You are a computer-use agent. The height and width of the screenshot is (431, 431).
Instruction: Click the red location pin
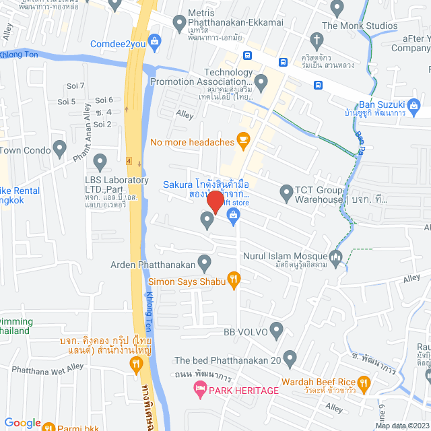point(215,202)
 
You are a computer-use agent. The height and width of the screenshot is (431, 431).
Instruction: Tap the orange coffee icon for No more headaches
point(244,141)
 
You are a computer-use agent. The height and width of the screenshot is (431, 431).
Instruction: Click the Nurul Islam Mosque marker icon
point(337,256)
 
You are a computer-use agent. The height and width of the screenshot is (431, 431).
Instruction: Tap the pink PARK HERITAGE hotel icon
point(199,390)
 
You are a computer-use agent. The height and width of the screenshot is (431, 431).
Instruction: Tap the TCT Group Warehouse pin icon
point(286,191)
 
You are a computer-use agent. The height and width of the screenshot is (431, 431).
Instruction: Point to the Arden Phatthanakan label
point(154,265)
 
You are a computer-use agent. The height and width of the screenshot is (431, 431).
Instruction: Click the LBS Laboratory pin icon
point(100,162)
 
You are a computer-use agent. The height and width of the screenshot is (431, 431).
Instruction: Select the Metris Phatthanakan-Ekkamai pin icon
point(179,26)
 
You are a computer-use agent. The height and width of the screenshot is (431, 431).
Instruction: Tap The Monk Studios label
point(360,26)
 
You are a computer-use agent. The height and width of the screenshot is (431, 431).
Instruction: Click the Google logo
point(22,422)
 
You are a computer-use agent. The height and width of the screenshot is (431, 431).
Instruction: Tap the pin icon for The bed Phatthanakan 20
point(290,357)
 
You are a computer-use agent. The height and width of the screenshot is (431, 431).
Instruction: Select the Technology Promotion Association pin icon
point(261,81)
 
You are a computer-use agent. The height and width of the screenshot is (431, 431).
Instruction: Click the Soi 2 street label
point(102,124)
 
